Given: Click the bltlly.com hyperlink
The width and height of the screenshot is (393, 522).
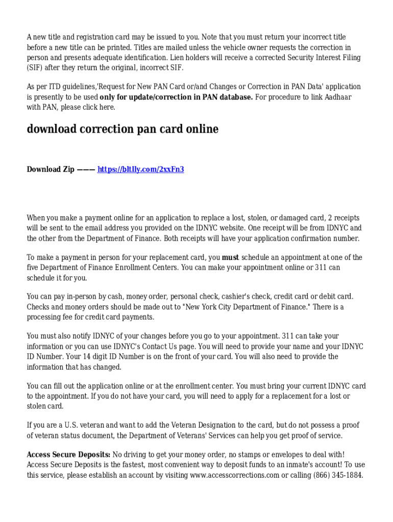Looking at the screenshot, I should click(x=140, y=169).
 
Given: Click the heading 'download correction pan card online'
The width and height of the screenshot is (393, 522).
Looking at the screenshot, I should click(x=122, y=129).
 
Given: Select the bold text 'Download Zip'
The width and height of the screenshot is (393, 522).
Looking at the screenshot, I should click(x=51, y=169).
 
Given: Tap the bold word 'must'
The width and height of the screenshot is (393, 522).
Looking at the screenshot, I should click(x=231, y=257).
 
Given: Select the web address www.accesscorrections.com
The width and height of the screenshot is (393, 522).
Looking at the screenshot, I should click(x=234, y=475).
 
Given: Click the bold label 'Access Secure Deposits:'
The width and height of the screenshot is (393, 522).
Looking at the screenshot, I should click(x=68, y=454).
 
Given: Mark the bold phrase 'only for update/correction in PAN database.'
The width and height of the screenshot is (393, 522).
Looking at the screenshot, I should click(x=176, y=97).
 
